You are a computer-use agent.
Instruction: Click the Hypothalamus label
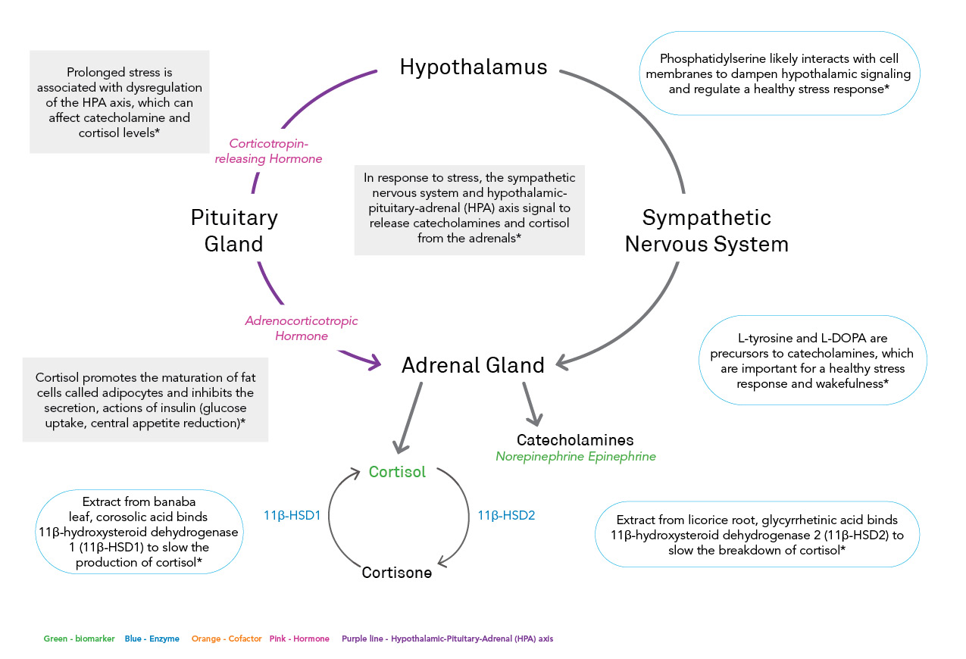pyautogui.click(x=474, y=67)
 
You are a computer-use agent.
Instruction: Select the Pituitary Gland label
pyautogui.click(x=234, y=230)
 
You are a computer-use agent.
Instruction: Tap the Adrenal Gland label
pyautogui.click(x=473, y=365)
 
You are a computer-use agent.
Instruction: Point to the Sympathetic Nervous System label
pyautogui.click(x=706, y=230)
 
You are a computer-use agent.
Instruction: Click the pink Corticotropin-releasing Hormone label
pyautogui.click(x=268, y=151)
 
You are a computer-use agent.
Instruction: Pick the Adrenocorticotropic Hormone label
pyautogui.click(x=301, y=328)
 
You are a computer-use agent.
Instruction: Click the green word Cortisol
pyautogui.click(x=397, y=472)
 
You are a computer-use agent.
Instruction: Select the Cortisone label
pyautogui.click(x=396, y=573)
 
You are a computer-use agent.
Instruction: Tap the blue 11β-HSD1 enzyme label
pyautogui.click(x=292, y=515)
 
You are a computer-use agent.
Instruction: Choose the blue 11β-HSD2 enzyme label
pyautogui.click(x=506, y=515)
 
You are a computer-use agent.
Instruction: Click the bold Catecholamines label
pyautogui.click(x=575, y=440)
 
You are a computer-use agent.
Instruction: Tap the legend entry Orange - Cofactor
pyautogui.click(x=227, y=639)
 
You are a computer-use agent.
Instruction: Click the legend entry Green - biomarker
pyautogui.click(x=79, y=639)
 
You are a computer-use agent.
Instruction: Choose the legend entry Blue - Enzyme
pyautogui.click(x=152, y=639)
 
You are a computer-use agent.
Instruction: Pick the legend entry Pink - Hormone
pyautogui.click(x=299, y=639)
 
